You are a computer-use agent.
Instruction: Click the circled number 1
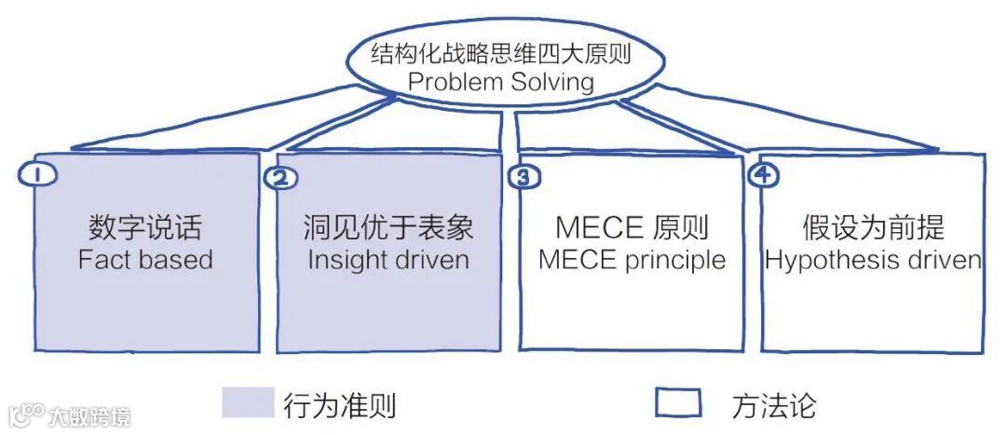click(x=34, y=174)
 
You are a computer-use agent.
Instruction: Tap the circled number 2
click(x=280, y=178)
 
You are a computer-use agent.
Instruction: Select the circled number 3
click(x=523, y=177)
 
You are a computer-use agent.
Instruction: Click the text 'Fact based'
click(x=145, y=259)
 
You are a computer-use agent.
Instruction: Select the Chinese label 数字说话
click(x=145, y=226)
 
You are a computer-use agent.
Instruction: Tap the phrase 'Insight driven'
click(x=388, y=259)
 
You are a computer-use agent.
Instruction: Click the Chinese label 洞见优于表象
click(x=388, y=226)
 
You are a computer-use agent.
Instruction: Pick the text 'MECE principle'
click(x=632, y=259)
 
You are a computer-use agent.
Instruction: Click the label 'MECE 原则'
click(x=632, y=226)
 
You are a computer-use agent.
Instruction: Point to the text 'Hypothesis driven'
click(x=873, y=259)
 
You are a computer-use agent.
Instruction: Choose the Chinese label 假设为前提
click(x=873, y=226)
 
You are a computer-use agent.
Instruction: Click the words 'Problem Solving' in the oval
click(x=501, y=82)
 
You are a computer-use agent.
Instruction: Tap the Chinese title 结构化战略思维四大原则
click(x=501, y=53)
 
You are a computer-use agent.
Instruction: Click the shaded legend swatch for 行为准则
click(x=248, y=402)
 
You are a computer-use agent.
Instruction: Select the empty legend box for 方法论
click(x=678, y=402)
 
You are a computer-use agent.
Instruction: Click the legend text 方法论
click(x=773, y=405)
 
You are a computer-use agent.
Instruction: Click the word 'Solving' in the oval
click(x=551, y=82)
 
